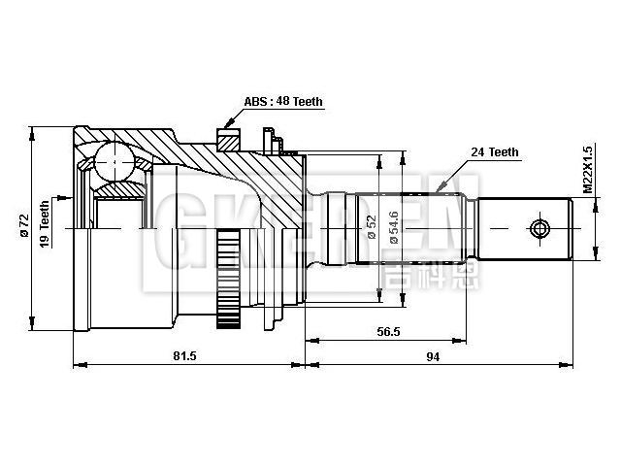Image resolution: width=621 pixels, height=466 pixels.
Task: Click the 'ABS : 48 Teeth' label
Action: (283, 102)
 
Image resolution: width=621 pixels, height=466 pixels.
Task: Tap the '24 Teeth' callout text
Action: (494, 152)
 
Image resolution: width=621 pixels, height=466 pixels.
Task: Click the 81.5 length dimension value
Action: (184, 356)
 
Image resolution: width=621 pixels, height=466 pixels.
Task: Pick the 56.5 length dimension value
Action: (387, 331)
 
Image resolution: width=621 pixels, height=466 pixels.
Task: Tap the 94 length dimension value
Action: (433, 356)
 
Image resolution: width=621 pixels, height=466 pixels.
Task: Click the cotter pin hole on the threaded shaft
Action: (540, 229)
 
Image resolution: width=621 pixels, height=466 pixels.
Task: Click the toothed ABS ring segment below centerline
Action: (229, 282)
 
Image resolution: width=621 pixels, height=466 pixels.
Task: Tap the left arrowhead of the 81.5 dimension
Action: (76, 365)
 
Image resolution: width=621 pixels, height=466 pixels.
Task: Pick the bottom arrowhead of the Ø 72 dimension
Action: (34, 330)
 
